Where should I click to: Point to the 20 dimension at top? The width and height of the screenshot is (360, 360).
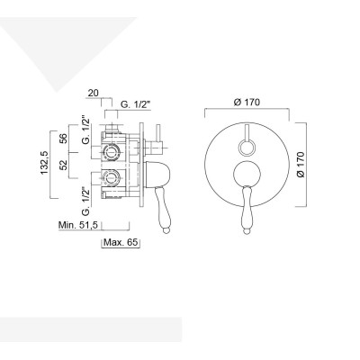pos(93,92)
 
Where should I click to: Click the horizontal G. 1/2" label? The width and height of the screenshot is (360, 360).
pos(136,104)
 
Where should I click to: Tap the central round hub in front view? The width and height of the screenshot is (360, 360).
pos(246,176)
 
